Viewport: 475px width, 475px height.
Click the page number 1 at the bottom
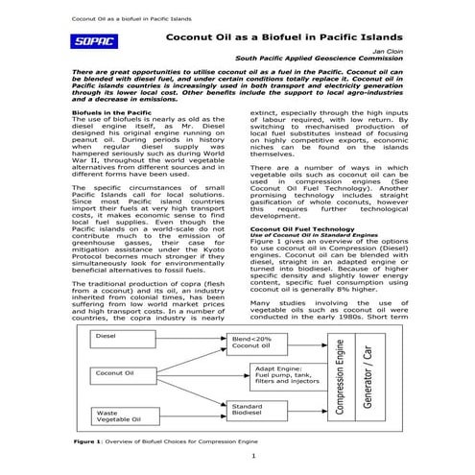251,456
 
